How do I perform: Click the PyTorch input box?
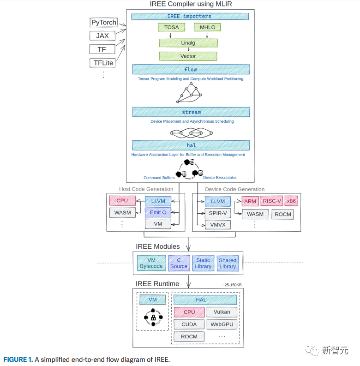(x=104, y=23)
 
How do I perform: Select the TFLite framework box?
(x=103, y=63)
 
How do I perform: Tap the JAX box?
(x=102, y=36)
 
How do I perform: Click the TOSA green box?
(x=171, y=27)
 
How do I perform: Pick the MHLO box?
(x=207, y=27)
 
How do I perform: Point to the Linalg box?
(x=188, y=43)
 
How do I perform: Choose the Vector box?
(x=188, y=56)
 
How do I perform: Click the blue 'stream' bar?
(x=191, y=112)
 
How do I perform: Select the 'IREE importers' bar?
(x=190, y=16)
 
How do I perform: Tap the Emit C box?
(x=158, y=212)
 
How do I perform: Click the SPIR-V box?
(x=218, y=213)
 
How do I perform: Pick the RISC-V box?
(x=272, y=201)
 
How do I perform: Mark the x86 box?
(x=291, y=201)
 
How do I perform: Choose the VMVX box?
(x=218, y=225)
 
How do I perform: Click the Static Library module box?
(x=203, y=263)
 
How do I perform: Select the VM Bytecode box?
(x=151, y=263)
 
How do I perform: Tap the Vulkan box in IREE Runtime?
(x=222, y=312)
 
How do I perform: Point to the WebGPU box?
(x=222, y=324)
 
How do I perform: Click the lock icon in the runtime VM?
(x=153, y=318)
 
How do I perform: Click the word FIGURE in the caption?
(x=15, y=360)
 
